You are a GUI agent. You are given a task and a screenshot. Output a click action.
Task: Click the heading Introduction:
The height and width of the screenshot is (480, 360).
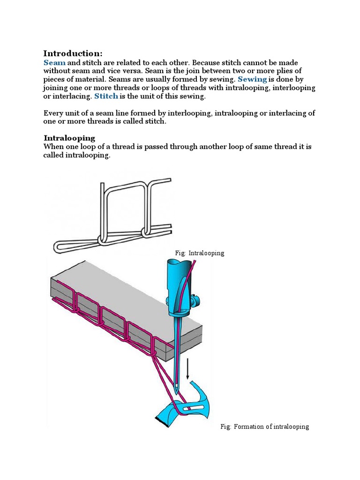(73, 53)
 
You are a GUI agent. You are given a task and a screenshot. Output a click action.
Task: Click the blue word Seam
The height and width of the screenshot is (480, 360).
(54, 63)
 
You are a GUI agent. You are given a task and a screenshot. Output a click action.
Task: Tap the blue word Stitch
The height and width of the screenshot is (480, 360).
(106, 97)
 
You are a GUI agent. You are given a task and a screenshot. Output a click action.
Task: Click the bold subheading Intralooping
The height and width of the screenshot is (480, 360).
(69, 138)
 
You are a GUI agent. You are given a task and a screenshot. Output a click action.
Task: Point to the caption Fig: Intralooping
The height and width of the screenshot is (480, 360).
(199, 253)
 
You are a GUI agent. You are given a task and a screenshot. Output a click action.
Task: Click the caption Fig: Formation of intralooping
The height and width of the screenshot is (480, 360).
(265, 427)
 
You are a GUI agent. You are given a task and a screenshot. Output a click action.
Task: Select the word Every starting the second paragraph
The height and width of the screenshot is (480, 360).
(53, 113)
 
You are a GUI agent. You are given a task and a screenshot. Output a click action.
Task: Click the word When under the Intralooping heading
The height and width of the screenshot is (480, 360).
(53, 147)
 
